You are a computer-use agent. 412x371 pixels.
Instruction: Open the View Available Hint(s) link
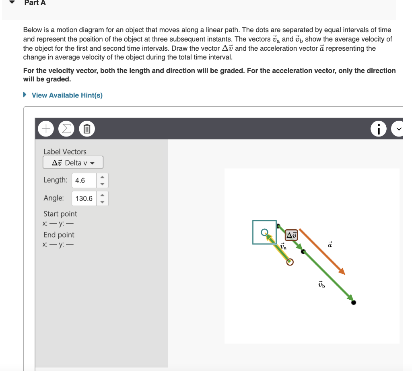tap(67, 95)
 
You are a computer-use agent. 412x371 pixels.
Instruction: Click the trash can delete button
tap(86, 129)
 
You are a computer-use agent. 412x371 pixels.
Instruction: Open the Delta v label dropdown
tap(73, 162)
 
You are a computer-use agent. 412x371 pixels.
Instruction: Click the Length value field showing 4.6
tap(84, 180)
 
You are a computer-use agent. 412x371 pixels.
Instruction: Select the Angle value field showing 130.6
tap(84, 198)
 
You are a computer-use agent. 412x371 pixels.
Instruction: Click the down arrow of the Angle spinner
tap(102, 202)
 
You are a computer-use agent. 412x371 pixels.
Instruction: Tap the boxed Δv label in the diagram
tap(291, 235)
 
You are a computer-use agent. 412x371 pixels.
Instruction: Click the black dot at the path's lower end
tap(353, 302)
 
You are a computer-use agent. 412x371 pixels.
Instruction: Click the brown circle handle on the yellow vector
tap(290, 262)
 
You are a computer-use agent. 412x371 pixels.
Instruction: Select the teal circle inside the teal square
tap(264, 232)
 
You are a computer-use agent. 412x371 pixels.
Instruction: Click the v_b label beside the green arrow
tap(321, 285)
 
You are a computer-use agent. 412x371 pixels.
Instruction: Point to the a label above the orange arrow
tap(330, 244)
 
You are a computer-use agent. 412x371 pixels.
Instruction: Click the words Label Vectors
tap(65, 151)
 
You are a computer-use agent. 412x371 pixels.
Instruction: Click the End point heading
tap(59, 235)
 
